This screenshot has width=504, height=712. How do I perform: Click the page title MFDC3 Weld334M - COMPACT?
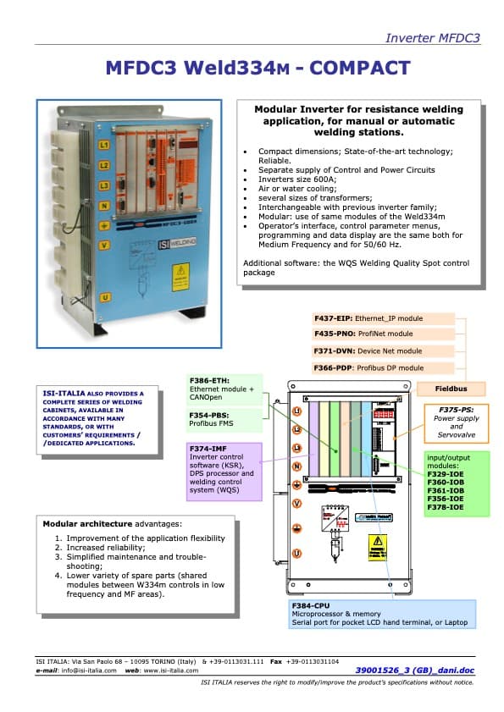tap(258, 68)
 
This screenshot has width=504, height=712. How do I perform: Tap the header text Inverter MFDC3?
tap(432, 38)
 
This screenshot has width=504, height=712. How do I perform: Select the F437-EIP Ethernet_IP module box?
tap(384, 319)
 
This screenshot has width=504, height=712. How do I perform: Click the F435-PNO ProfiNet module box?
tap(384, 335)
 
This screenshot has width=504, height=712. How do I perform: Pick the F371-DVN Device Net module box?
tap(384, 351)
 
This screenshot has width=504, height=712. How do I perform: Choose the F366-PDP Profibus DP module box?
tap(384, 368)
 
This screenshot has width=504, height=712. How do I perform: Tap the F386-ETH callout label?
tap(208, 381)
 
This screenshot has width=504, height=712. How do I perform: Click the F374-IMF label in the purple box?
tap(208, 450)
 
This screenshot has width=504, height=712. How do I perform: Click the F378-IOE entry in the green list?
tap(444, 506)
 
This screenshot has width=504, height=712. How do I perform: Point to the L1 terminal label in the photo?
tap(104, 146)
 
